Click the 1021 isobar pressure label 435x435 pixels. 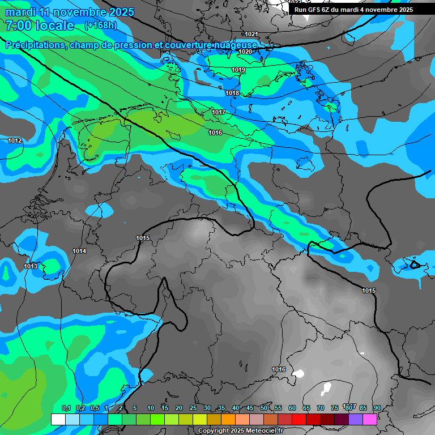pyautogui.click(x=251, y=35)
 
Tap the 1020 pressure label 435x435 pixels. pyautogui.click(x=245, y=52)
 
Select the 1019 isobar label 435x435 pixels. pyautogui.click(x=238, y=70)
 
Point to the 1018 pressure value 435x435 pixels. pyautogui.click(x=232, y=93)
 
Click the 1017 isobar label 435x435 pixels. pyautogui.click(x=219, y=112)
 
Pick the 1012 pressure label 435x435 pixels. pyautogui.click(x=15, y=140)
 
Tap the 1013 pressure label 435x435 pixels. pyautogui.click(x=31, y=266)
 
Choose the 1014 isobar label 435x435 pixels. pyautogui.click(x=79, y=251)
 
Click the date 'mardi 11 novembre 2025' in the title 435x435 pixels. pyautogui.click(x=70, y=12)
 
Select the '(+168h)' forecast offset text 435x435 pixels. pyautogui.click(x=101, y=25)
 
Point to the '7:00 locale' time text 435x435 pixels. pyautogui.click(x=40, y=25)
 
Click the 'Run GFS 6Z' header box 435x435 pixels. pyautogui.click(x=353, y=10)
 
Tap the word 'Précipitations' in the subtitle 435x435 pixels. pyautogui.click(x=35, y=45)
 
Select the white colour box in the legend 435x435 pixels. pyautogui.click(x=58, y=419)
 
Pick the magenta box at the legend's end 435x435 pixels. pyautogui.click(x=370, y=419)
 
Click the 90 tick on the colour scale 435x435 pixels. pyautogui.click(x=377, y=408)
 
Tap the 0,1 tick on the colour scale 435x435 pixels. pyautogui.click(x=66, y=408)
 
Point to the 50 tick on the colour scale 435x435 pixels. pyautogui.click(x=264, y=408)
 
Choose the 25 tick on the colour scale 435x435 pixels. pyautogui.click(x=193, y=408)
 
